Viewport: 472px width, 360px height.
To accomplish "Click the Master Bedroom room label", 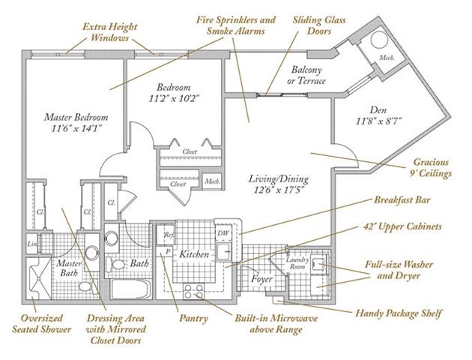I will (75, 117).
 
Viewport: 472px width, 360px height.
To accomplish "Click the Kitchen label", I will (193, 255).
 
